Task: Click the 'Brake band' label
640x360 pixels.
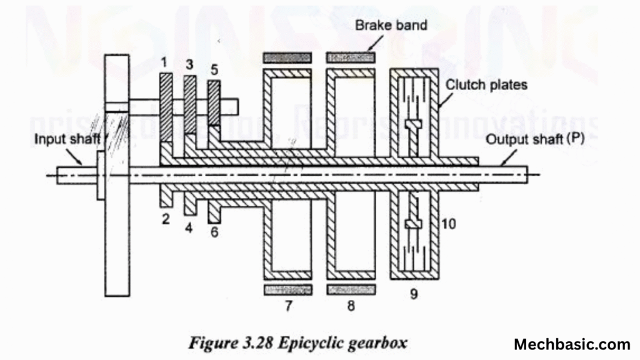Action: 391,26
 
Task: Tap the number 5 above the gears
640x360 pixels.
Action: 214,69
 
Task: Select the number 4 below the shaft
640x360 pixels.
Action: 189,227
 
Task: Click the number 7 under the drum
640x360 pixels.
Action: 288,306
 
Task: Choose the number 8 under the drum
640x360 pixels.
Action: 351,306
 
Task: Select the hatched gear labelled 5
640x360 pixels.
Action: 214,103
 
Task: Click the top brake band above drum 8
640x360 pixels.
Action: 351,57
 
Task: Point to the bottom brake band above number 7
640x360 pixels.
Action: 288,289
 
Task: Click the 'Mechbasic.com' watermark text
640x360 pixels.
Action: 572,344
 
